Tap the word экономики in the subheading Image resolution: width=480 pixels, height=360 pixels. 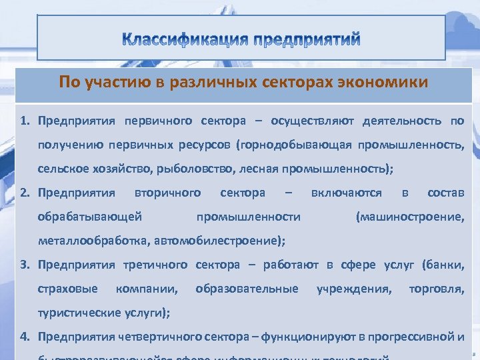[x=387, y=83]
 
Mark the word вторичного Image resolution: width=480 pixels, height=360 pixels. [x=167, y=193]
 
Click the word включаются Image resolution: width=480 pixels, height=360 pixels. [x=347, y=193]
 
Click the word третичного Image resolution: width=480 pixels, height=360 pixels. [x=155, y=265]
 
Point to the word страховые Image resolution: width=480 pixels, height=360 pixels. [x=68, y=289]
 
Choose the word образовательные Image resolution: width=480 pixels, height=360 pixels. [x=247, y=289]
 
